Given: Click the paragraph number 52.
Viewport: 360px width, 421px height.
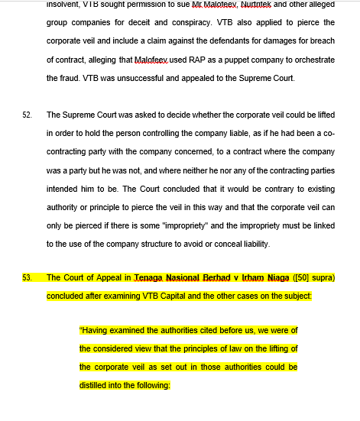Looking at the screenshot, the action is pos(27,115).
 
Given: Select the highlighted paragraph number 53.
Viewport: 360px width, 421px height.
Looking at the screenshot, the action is pos(27,277).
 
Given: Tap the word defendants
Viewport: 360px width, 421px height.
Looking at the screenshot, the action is pos(232,40).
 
